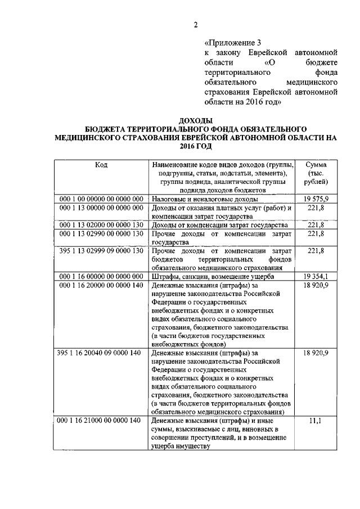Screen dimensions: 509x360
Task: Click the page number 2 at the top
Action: pyautogui.click(x=195, y=24)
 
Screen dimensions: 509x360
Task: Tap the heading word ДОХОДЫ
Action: pyautogui.click(x=195, y=120)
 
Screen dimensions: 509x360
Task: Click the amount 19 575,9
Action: pyautogui.click(x=315, y=199)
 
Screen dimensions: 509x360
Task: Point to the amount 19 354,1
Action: pyautogui.click(x=315, y=276)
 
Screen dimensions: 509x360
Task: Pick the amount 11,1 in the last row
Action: pyautogui.click(x=315, y=421)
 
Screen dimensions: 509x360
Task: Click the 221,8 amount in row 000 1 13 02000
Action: pyautogui.click(x=315, y=225)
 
